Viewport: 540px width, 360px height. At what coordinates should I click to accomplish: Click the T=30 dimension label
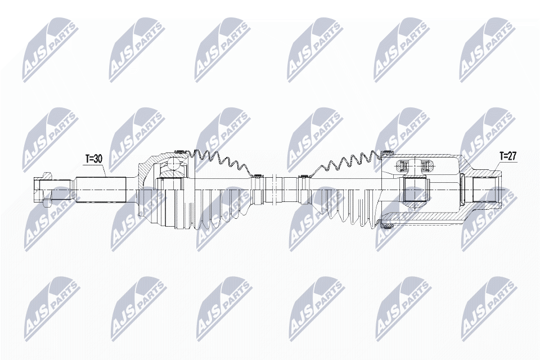coord(94,159)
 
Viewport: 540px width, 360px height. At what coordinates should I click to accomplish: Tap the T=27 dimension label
coord(508,156)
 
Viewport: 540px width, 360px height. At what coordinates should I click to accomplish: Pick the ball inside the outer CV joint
coord(175,165)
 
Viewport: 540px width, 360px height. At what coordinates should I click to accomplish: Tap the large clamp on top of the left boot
coord(181,151)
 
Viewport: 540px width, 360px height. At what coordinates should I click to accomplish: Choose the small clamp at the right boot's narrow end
coord(304,177)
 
